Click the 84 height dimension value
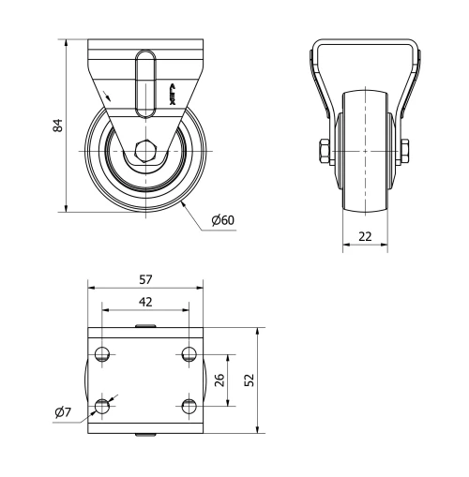click(57, 125)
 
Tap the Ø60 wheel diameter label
click(222, 220)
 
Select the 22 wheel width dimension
click(366, 236)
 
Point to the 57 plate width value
click(145, 279)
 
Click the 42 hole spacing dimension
click(145, 302)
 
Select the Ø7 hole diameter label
click(64, 412)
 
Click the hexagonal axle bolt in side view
click(144, 151)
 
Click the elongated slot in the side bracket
click(144, 84)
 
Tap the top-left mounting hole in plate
click(102, 354)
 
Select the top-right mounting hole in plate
click(189, 354)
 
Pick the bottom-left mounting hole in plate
click(102, 405)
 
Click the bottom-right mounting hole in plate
click(189, 405)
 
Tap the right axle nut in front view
click(409, 151)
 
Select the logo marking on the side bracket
click(172, 93)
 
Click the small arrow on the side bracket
click(113, 96)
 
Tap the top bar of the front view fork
click(366, 40)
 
